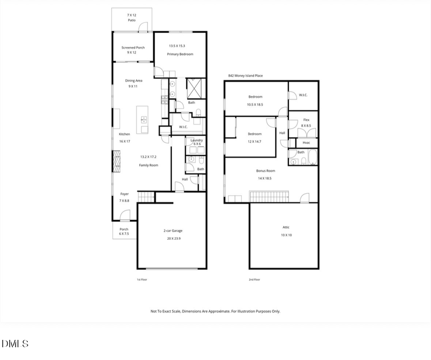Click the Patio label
pyautogui.click(x=131, y=21)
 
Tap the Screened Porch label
pyautogui.click(x=133, y=47)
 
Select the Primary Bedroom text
pyautogui.click(x=180, y=54)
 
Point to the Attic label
pyautogui.click(x=286, y=227)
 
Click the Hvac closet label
pyautogui.click(x=306, y=143)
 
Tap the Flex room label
pyautogui.click(x=306, y=120)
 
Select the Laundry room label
pyautogui.click(x=196, y=140)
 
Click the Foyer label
pyautogui.click(x=125, y=194)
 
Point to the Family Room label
pyautogui.click(x=149, y=165)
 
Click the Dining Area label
pyautogui.click(x=134, y=80)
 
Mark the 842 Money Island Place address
pyautogui.click(x=245, y=76)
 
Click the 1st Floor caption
pyautogui.click(x=142, y=280)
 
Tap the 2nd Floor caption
pyautogui.click(x=254, y=280)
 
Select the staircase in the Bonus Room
pyautogui.click(x=269, y=196)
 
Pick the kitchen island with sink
pyautogui.click(x=143, y=120)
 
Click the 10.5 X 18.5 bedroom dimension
pyautogui.click(x=255, y=104)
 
